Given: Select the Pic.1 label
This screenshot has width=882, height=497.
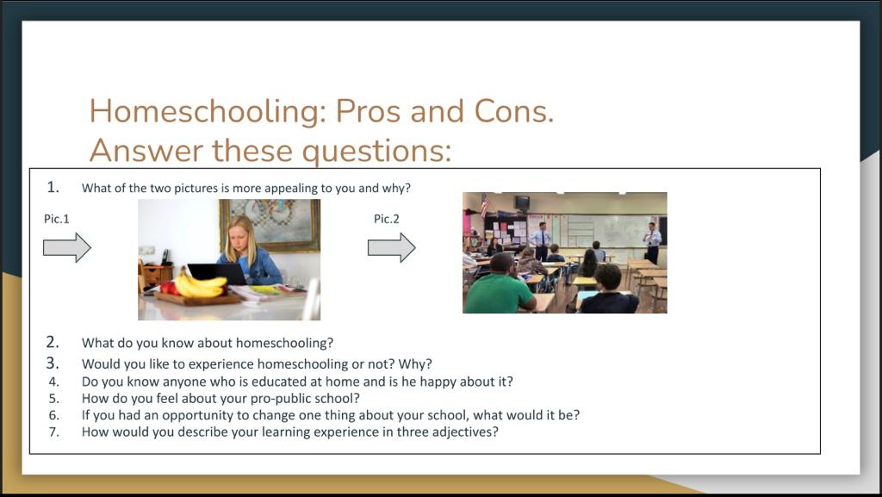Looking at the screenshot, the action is (56, 219).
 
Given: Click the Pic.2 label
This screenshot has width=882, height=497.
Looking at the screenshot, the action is (387, 219).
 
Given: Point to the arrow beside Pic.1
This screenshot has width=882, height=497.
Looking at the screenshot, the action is (67, 247).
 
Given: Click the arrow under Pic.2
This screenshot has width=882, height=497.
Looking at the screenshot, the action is (392, 247).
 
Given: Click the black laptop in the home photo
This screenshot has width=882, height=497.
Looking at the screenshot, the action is (217, 274).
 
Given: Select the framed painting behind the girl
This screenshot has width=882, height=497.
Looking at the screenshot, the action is (270, 225).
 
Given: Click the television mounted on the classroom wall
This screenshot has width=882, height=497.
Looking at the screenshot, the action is (522, 202).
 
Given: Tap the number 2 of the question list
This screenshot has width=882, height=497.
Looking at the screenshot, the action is (53, 343).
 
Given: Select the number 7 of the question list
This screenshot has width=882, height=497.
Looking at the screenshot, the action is (53, 432).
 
